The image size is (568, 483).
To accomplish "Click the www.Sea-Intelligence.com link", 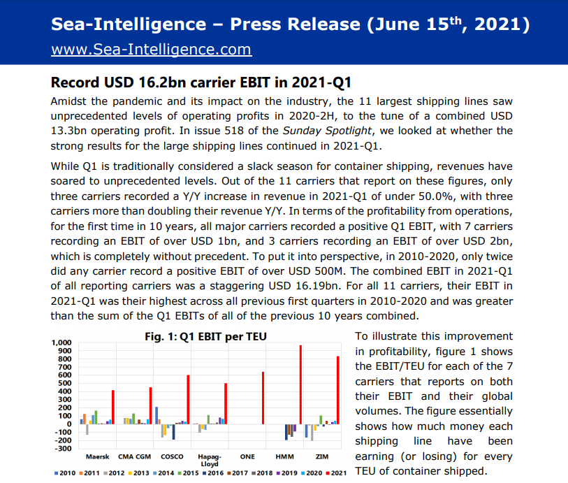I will point(151,50).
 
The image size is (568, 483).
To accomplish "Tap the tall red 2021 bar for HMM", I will point(300,384).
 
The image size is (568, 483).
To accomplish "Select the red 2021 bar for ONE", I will point(263,398).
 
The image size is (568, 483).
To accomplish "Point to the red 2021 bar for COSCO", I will point(188,399).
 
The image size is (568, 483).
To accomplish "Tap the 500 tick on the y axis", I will point(65,384).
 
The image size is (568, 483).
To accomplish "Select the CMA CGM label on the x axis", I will point(135,456).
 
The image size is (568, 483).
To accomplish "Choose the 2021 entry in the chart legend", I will point(337,473).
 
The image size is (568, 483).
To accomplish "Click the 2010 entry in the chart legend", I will point(66,473).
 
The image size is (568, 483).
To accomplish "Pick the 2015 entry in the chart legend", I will point(189,473).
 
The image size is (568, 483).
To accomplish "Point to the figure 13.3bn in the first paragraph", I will point(73,130).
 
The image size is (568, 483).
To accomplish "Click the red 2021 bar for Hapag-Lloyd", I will point(226,403).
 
